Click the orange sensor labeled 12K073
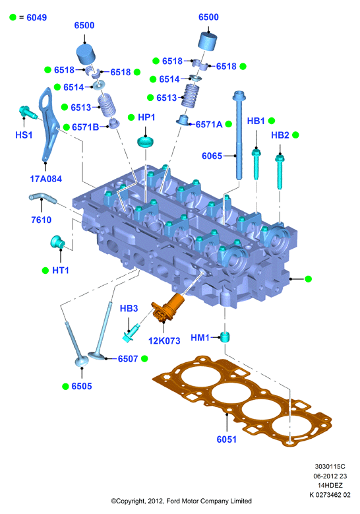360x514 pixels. click(x=167, y=308)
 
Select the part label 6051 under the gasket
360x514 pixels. click(x=226, y=439)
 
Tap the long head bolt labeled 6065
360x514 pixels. click(x=239, y=135)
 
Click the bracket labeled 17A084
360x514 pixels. click(x=49, y=125)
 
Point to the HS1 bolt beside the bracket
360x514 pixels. click(x=28, y=112)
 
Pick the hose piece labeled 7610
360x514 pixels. click(x=43, y=198)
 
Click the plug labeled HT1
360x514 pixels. click(x=57, y=242)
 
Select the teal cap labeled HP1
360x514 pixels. click(x=146, y=142)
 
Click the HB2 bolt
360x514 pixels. click(x=280, y=172)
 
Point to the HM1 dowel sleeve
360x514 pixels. click(x=225, y=337)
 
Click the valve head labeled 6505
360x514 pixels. click(x=82, y=361)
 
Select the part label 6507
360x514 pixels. click(x=128, y=359)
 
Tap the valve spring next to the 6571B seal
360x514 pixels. click(x=107, y=105)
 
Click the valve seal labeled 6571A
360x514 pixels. click(x=183, y=120)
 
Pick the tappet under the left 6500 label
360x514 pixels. click(x=86, y=54)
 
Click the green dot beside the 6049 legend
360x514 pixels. click(x=13, y=17)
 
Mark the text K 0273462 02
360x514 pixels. click(x=330, y=495)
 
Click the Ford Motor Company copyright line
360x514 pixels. click(x=181, y=501)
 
